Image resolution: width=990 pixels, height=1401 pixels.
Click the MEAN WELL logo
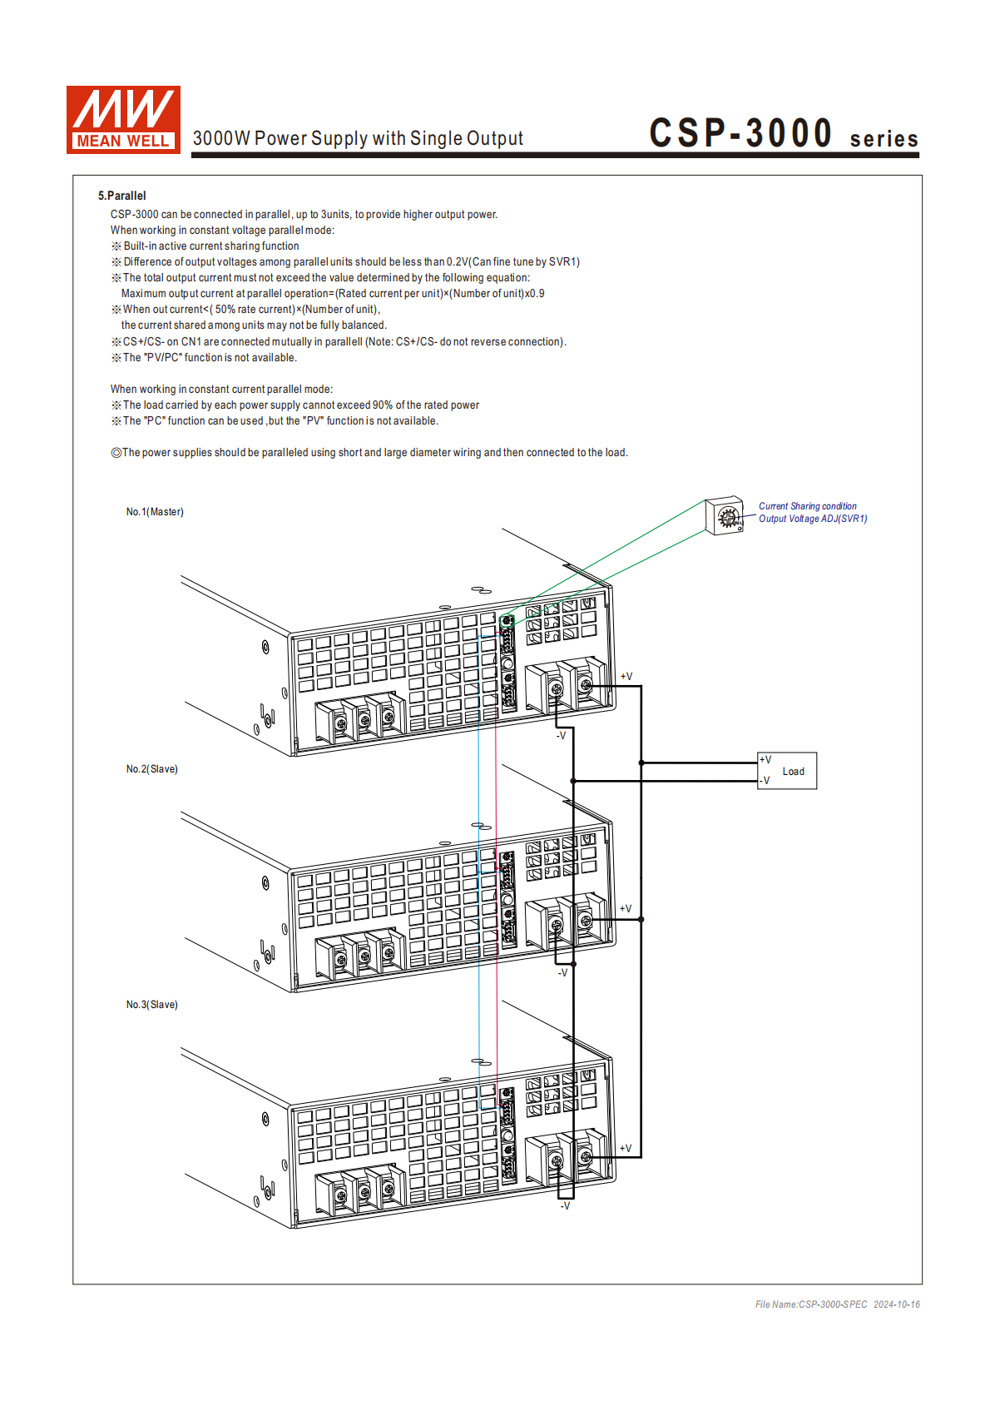123,120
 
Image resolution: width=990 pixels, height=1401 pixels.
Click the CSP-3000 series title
783,134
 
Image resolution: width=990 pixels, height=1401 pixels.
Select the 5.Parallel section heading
121,196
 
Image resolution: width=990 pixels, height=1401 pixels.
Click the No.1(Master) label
155,512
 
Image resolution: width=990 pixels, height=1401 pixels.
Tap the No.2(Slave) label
152,769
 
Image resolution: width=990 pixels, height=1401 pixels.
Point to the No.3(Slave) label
152,1005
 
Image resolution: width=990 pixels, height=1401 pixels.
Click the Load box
787,771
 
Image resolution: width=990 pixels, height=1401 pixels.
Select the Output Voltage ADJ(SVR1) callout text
812,519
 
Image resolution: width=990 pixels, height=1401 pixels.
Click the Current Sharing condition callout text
807,506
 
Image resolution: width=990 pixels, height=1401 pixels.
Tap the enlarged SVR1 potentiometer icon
725,516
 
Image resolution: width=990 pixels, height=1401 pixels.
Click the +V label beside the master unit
626,677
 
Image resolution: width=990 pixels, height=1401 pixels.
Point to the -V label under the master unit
561,736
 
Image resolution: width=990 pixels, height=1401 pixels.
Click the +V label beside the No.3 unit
625,1149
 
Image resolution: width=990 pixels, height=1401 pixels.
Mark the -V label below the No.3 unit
565,1206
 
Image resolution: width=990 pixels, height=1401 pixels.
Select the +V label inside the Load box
765,760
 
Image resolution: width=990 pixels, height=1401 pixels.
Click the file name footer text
837,1304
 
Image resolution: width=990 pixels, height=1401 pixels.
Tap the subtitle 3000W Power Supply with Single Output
358,139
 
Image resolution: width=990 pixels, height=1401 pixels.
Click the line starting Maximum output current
333,294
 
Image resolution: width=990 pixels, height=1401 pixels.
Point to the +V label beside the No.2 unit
625,909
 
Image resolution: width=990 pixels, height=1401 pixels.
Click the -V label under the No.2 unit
562,973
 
